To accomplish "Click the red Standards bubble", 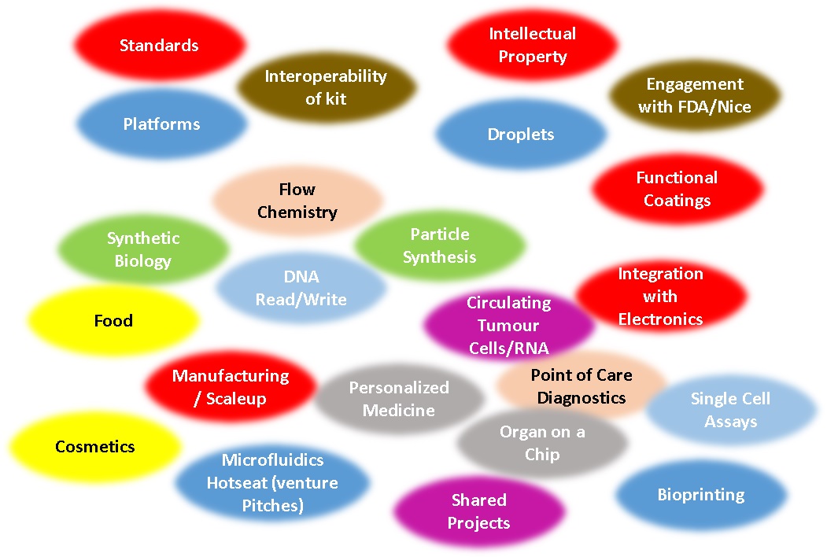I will pyautogui.click(x=159, y=46).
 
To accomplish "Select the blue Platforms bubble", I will pyautogui.click(x=161, y=124).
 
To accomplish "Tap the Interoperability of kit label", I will pyautogui.click(x=326, y=87).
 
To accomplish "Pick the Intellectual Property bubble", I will pyautogui.click(x=532, y=45).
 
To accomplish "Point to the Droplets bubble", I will pyautogui.click(x=521, y=135).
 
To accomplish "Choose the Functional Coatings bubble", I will pyautogui.click(x=677, y=189).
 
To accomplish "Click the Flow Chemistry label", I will pyautogui.click(x=297, y=201).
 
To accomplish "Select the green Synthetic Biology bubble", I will pyautogui.click(x=143, y=249).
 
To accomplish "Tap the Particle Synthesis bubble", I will pyautogui.click(x=440, y=245).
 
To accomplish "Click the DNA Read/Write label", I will pyautogui.click(x=301, y=288).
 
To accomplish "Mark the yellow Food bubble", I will pyautogui.click(x=113, y=321).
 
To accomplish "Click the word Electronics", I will pyautogui.click(x=660, y=319).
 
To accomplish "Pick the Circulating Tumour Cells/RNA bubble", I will pyautogui.click(x=508, y=325).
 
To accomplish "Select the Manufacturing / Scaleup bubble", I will pyautogui.click(x=231, y=387).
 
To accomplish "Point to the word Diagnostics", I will pyautogui.click(x=581, y=398).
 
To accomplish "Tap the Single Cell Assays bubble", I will pyautogui.click(x=730, y=410).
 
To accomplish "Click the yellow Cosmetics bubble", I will pyautogui.click(x=95, y=447).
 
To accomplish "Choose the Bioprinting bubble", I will pyautogui.click(x=701, y=495).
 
